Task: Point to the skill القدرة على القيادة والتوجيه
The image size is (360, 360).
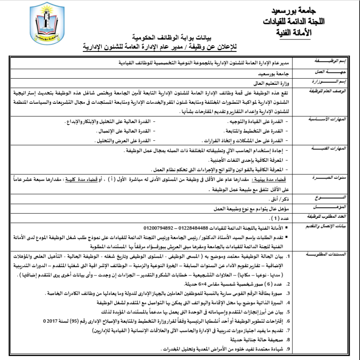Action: coord(258,122)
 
